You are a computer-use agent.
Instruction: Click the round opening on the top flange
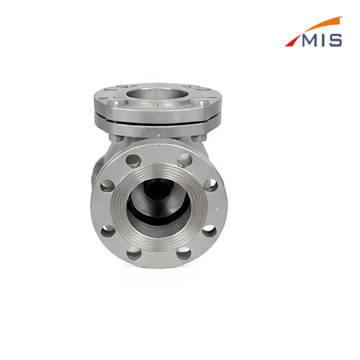pos(158,95)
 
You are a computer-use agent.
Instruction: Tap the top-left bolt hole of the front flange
pos(133,161)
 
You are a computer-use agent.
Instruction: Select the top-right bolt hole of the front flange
pos(185,160)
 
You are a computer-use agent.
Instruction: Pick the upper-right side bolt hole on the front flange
pos(211,185)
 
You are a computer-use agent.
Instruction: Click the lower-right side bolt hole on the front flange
pos(209,231)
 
